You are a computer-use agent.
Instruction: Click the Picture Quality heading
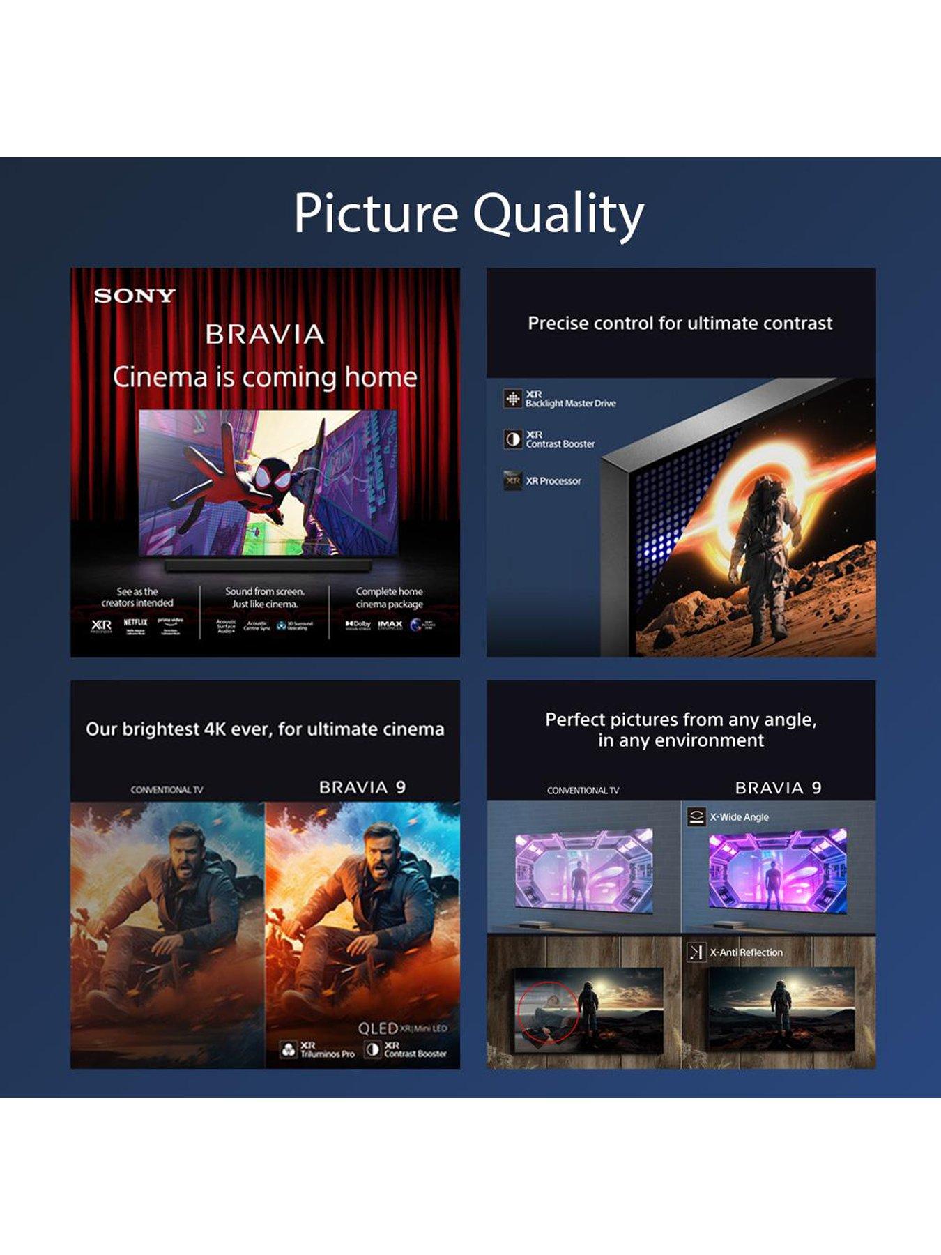468,213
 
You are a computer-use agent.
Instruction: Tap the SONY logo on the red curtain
135,296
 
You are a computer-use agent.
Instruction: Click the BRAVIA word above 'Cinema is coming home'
265,335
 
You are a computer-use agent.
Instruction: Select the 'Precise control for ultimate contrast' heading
680,324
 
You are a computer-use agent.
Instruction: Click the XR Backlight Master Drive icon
513,398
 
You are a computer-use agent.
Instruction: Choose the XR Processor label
553,481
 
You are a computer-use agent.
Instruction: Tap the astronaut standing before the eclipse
760,544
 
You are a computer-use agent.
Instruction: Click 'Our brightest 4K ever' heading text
265,729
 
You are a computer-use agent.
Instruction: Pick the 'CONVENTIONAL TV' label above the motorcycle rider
167,790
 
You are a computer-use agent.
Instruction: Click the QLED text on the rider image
378,1028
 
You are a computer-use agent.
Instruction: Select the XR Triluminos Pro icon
289,1049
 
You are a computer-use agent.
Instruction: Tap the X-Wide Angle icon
696,816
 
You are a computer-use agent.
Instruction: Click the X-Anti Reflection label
746,952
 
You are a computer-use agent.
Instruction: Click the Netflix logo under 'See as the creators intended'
135,623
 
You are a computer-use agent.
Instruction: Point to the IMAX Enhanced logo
390,625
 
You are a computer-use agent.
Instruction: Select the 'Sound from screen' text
265,591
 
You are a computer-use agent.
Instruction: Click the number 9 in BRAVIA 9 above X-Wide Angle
816,788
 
